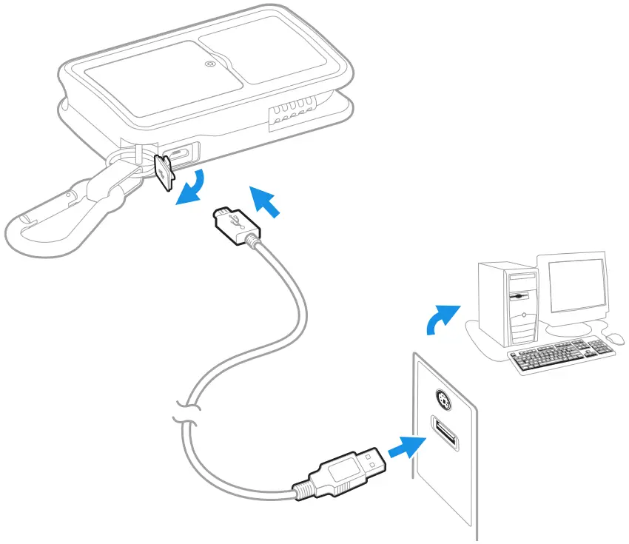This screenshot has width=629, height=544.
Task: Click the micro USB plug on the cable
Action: [232, 221]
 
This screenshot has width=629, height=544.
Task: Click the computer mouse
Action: [614, 338]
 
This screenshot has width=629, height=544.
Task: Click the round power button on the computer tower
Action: [524, 315]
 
